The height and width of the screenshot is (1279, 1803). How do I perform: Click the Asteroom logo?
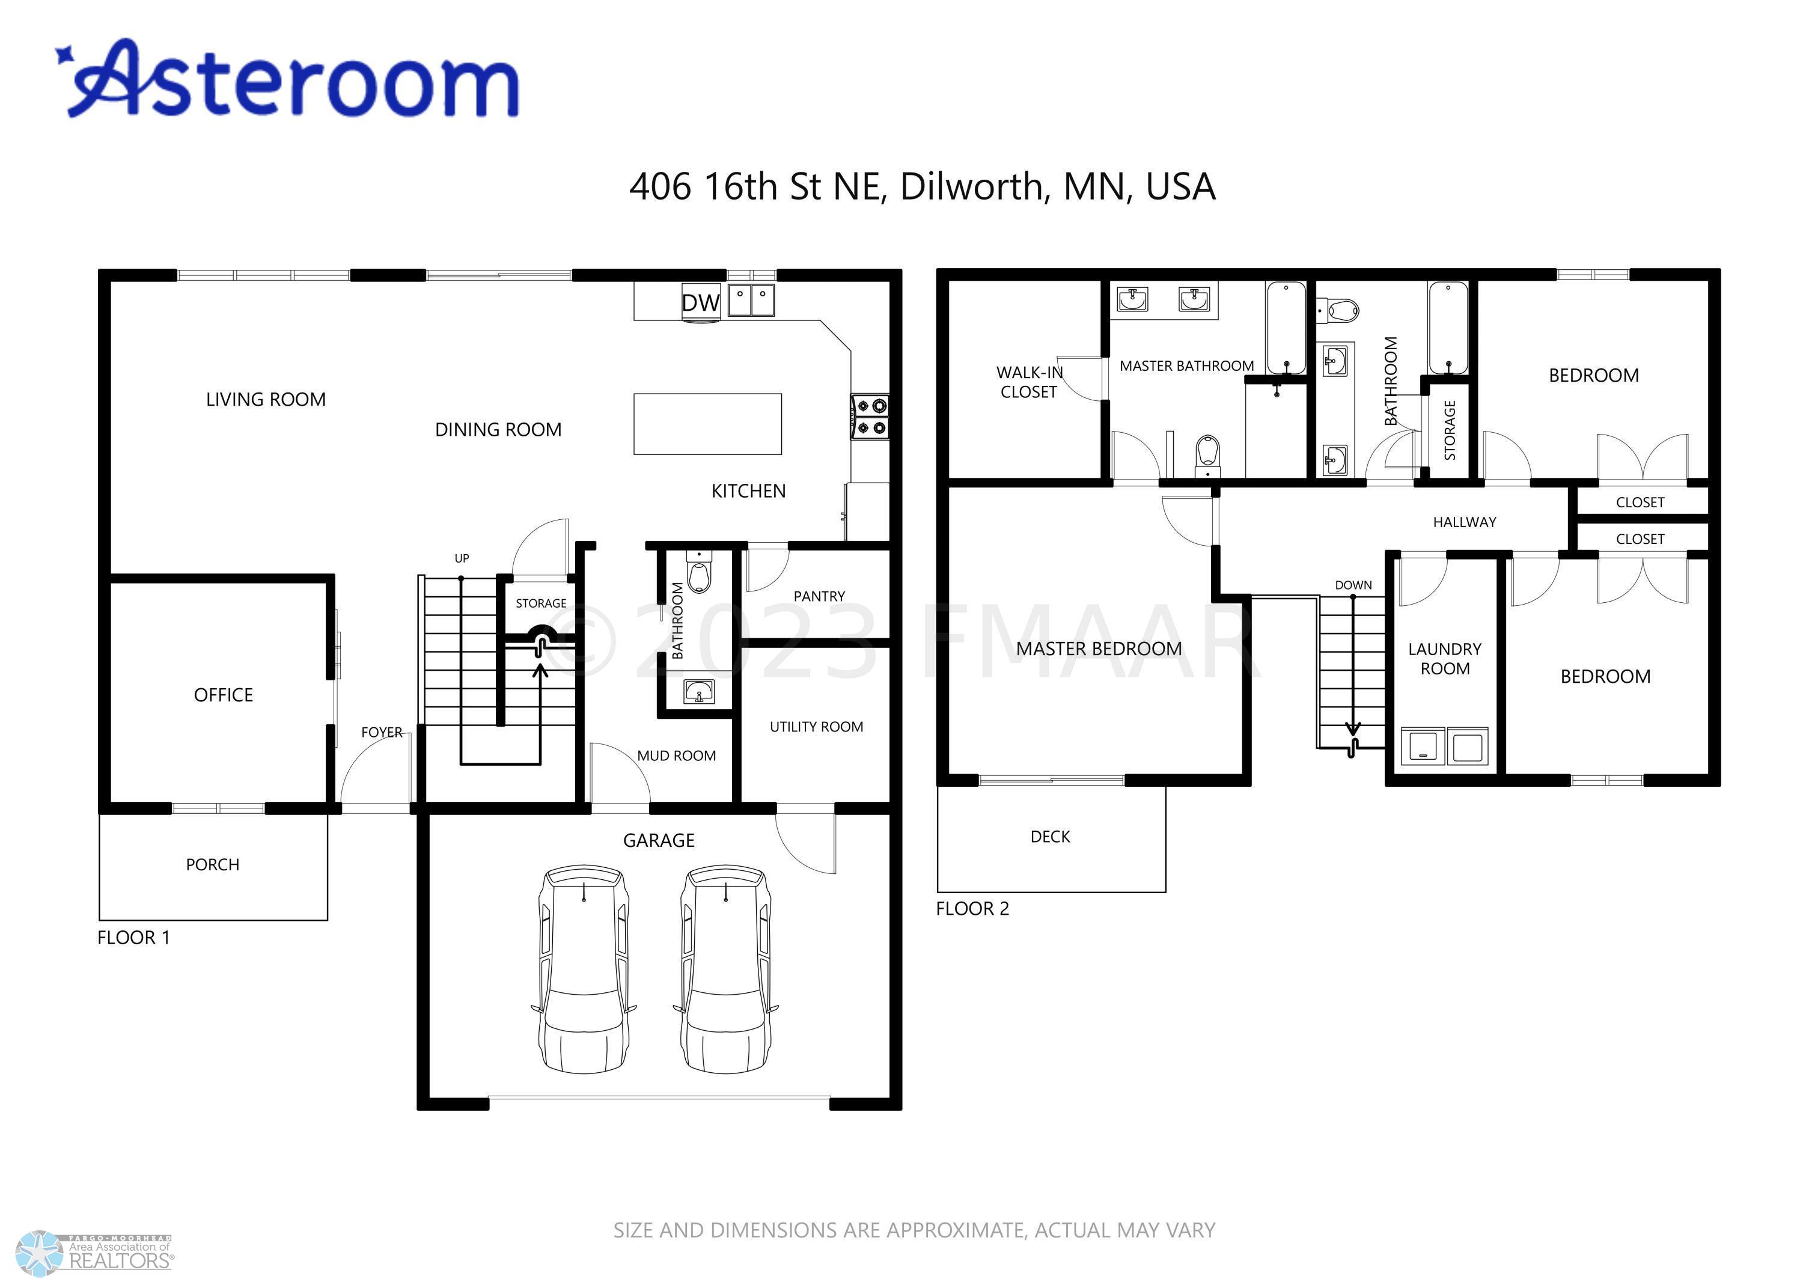coord(287,79)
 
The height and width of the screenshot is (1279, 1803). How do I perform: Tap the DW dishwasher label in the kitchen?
coord(701,303)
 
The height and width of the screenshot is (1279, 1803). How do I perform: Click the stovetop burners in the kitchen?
coord(870,417)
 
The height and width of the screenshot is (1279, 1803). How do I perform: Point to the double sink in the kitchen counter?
coord(751,300)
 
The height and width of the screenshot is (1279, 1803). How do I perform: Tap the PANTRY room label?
coord(819,596)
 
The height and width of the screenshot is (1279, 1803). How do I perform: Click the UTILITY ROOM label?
coord(817,727)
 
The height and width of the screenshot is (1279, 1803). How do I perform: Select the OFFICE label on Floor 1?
coord(224,695)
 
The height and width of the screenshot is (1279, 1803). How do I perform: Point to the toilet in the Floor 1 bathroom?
coord(699,570)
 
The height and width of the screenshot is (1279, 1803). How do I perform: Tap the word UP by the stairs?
coord(462,558)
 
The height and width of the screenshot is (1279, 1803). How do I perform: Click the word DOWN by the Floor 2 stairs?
coord(1353,585)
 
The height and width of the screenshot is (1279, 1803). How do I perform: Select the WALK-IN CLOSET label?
coord(1029,382)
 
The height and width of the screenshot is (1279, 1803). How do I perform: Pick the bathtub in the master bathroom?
coord(1287,328)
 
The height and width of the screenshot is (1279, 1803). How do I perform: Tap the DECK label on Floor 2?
coord(1051,837)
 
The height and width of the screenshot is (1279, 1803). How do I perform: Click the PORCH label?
coord(213,865)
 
